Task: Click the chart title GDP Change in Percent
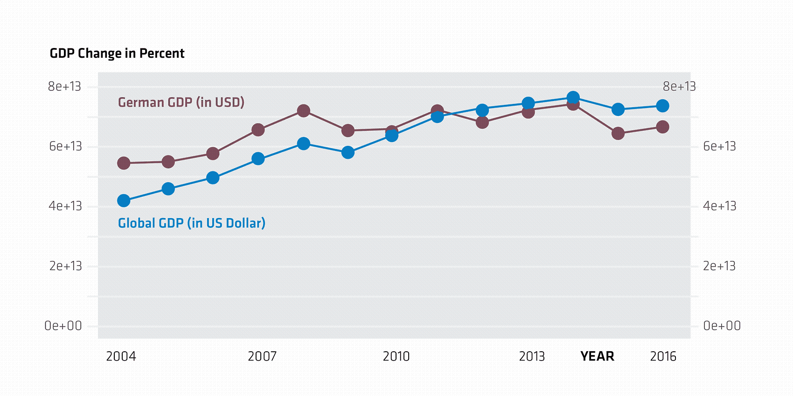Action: (117, 54)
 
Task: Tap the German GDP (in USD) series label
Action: (181, 102)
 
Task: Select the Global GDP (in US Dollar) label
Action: (191, 223)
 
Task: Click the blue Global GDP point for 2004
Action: (124, 201)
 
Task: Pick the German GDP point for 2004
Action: (124, 163)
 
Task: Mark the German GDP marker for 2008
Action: (304, 111)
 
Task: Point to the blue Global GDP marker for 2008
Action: (304, 143)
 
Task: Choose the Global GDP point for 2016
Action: (662, 106)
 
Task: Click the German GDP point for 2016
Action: (662, 127)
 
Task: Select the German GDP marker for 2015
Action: (618, 134)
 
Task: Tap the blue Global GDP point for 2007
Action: (258, 159)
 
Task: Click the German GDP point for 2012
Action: (482, 123)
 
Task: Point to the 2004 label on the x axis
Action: (121, 356)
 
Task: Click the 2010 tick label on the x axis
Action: (396, 356)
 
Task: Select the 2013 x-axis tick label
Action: (532, 356)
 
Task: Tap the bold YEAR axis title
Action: (597, 356)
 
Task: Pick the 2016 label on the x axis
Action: (663, 356)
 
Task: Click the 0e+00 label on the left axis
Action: (63, 326)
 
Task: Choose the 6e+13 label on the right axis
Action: (719, 146)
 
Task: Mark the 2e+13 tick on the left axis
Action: (65, 266)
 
